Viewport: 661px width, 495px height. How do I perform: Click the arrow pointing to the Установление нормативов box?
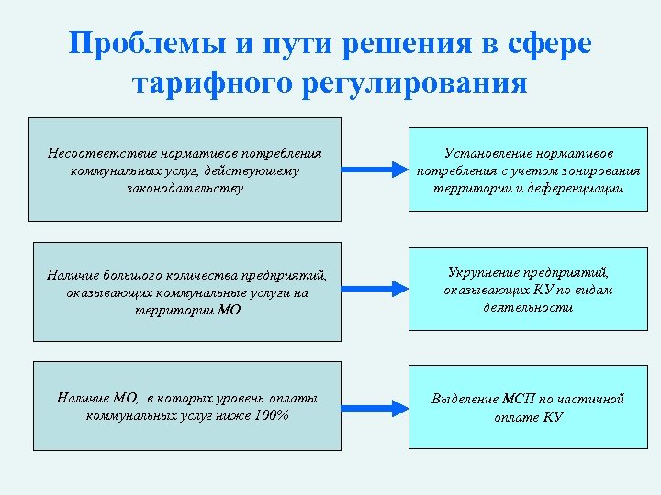pyautogui.click(x=366, y=170)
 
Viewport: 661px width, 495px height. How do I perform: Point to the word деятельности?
pyautogui.click(x=528, y=308)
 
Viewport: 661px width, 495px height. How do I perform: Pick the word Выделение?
pyautogui.click(x=465, y=399)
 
